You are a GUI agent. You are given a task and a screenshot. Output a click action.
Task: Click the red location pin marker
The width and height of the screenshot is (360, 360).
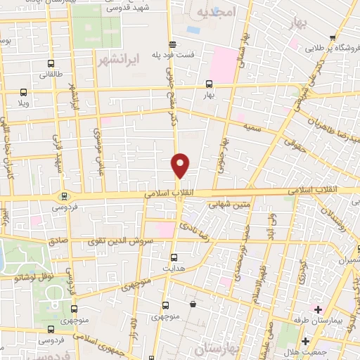[x=181, y=165]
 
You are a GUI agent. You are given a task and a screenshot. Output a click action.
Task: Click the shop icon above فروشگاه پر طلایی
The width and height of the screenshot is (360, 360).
[x=333, y=38]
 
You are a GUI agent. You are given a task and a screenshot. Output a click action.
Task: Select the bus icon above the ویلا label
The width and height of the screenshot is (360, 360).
[x=24, y=92]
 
